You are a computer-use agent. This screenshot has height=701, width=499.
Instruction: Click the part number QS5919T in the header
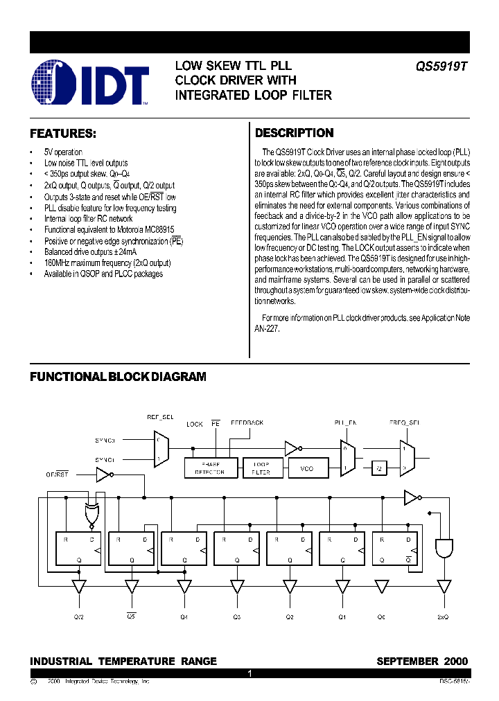[x=441, y=67]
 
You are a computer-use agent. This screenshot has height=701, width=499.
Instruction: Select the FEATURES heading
[x=62, y=133]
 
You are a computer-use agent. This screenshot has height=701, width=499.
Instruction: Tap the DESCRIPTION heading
[x=295, y=133]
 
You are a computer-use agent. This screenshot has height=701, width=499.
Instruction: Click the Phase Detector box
[x=211, y=468]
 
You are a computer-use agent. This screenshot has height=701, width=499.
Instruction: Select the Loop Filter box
[x=261, y=468]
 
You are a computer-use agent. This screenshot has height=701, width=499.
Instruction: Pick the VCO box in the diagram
[x=306, y=468]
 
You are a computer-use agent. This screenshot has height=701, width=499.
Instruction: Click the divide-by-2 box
[x=378, y=468]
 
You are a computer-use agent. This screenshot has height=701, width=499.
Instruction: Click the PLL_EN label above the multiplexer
[x=345, y=422]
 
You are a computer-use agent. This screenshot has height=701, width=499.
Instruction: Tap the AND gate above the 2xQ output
[x=442, y=549]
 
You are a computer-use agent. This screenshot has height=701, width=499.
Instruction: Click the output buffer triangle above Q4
[x=184, y=586]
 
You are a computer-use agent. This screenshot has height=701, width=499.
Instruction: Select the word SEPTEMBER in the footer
[x=406, y=662]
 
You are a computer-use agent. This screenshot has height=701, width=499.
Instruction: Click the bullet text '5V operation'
[x=63, y=152]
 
